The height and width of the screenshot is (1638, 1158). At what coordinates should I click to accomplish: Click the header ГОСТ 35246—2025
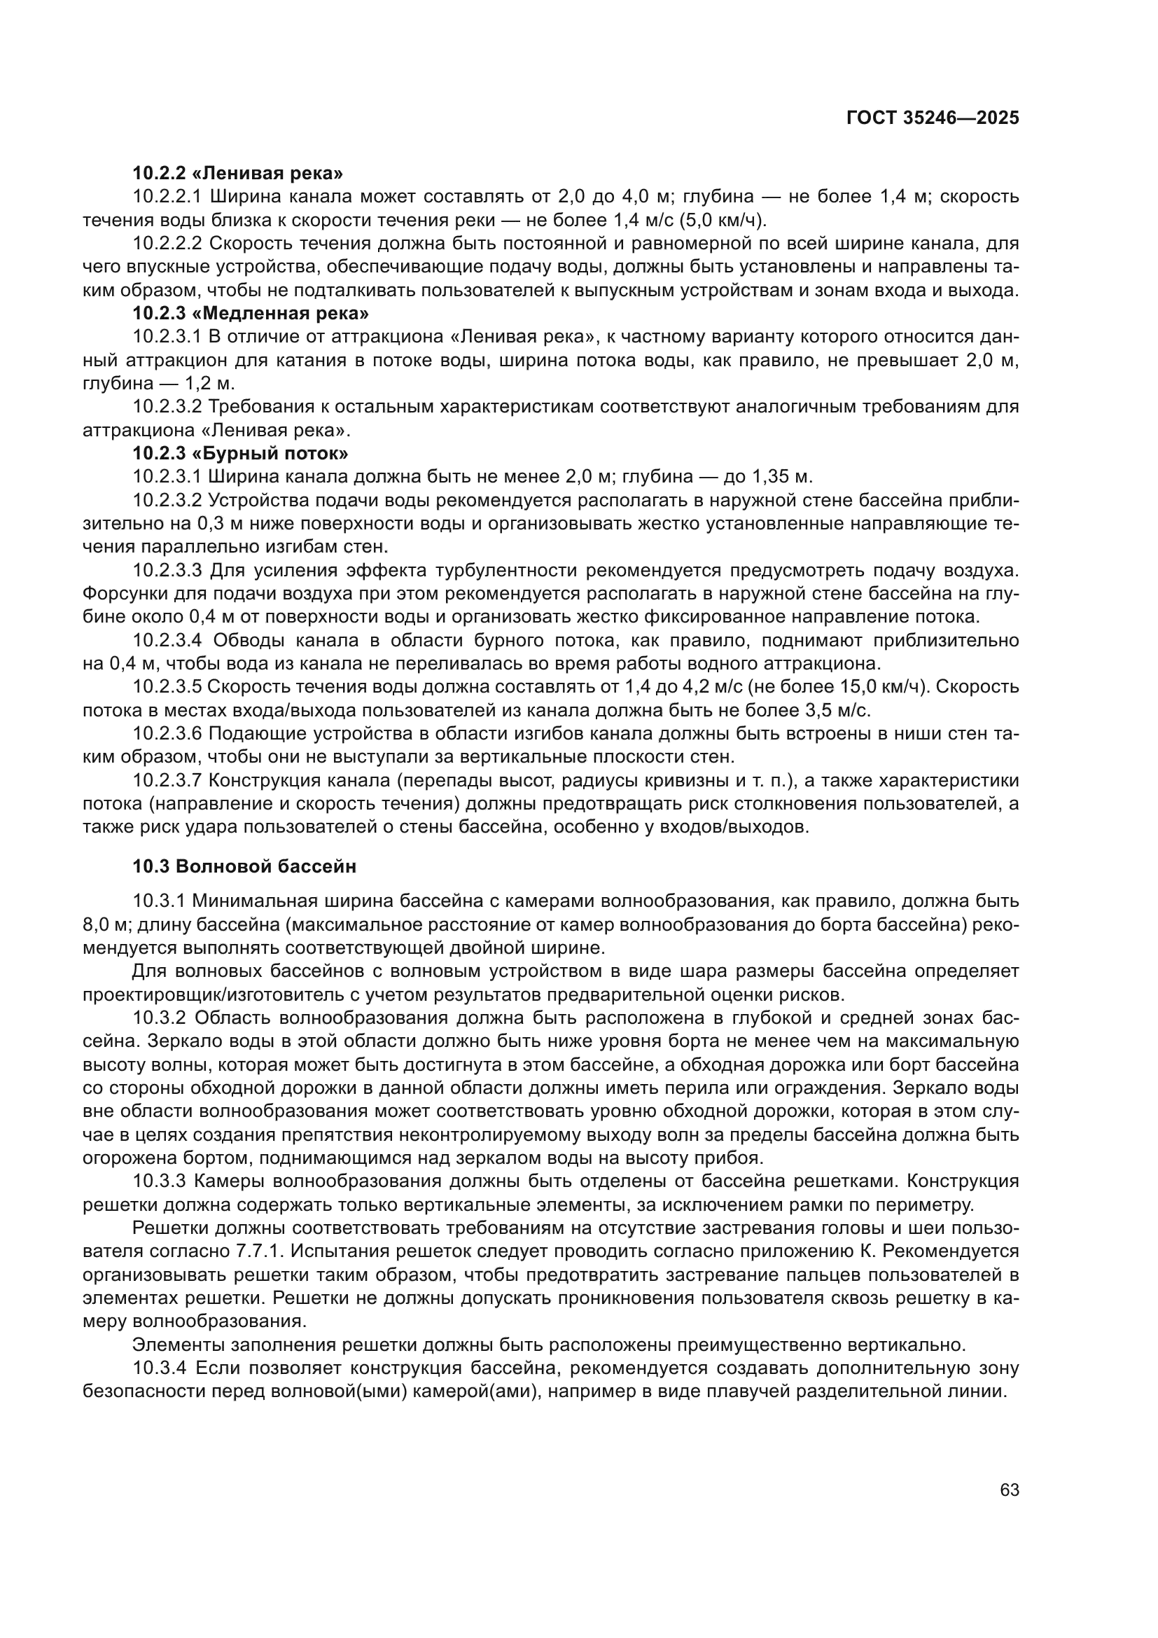click(933, 118)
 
